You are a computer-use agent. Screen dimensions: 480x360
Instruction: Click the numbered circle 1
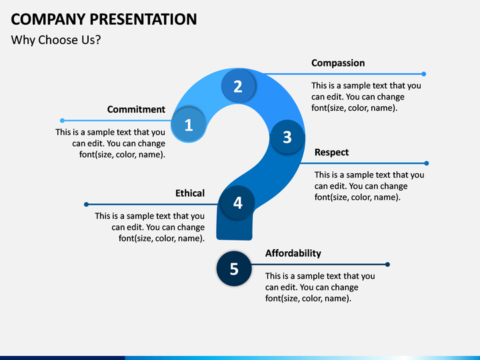188,125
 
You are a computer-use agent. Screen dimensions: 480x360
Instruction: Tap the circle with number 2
238,86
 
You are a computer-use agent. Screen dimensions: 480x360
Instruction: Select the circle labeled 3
287,137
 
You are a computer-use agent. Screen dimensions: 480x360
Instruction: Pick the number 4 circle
237,203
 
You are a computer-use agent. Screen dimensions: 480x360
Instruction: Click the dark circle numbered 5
234,269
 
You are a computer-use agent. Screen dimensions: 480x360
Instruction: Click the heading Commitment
136,109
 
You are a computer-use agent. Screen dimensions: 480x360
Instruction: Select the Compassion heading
338,63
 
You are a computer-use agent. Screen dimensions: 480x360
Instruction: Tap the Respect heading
331,153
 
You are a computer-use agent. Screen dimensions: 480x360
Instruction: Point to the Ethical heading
190,193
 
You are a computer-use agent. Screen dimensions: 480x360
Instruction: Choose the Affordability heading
293,253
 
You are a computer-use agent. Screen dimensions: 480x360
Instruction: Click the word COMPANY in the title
48,19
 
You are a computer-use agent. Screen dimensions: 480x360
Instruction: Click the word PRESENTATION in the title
143,19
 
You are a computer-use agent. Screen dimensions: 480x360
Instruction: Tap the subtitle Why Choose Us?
56,40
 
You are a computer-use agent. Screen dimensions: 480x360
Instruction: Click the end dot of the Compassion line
424,74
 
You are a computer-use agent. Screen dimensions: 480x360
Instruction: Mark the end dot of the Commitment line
62,121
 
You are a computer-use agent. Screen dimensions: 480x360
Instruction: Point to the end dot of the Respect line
427,163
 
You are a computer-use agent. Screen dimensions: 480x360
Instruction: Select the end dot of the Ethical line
86,204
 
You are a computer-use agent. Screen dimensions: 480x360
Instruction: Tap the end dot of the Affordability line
387,264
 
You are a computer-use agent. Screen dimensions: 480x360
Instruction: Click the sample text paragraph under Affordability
320,287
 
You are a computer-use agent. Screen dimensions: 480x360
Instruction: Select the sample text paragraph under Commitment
110,143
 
